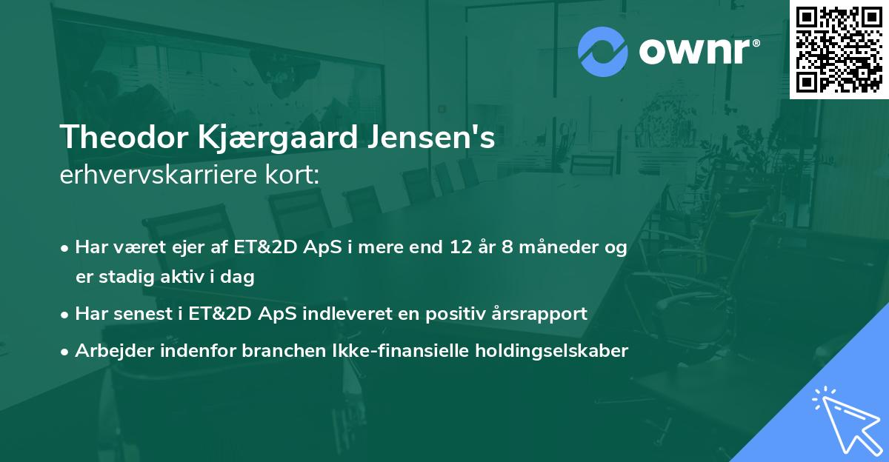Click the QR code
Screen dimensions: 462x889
(839, 50)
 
